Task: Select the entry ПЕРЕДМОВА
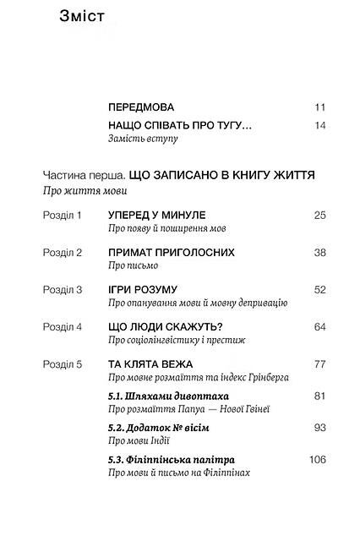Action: [x=141, y=107]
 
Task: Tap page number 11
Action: [x=319, y=107]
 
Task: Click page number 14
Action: [x=319, y=126]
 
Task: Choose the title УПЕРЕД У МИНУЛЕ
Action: [x=157, y=216]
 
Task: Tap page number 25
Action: [x=319, y=216]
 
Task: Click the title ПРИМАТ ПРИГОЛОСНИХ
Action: [x=172, y=253]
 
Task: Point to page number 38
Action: [x=319, y=253]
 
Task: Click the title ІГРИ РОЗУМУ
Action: [x=143, y=289]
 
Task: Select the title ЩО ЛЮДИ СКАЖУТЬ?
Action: [x=165, y=326]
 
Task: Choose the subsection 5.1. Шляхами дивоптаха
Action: [x=169, y=396]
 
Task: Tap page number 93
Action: [x=319, y=428]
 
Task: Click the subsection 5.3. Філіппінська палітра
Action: [x=172, y=460]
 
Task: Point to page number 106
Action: [x=318, y=460]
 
